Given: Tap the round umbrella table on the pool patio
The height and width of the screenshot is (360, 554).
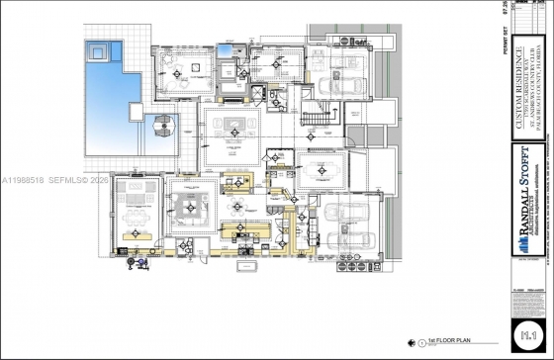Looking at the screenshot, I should pos(162,127).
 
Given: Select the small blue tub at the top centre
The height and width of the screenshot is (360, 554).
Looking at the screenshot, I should pos(227,49).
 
